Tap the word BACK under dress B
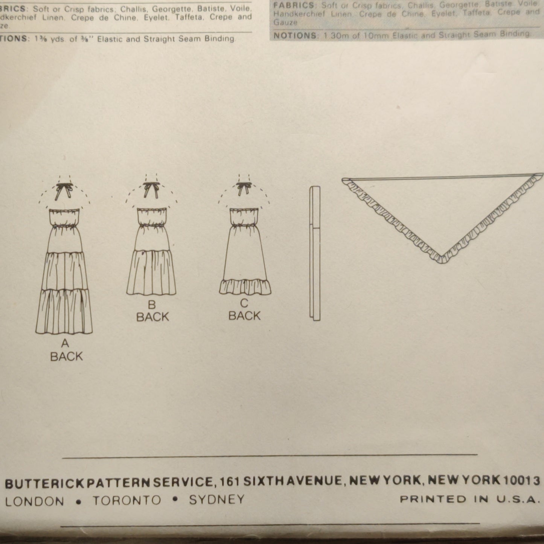pyautogui.click(x=152, y=317)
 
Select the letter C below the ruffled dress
pyautogui.click(x=244, y=303)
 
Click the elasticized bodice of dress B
pyautogui.click(x=151, y=218)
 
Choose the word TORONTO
pyautogui.click(x=127, y=500)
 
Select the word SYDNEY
pyautogui.click(x=216, y=500)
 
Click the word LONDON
pyautogui.click(x=34, y=501)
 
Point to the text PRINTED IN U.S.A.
pyautogui.click(x=468, y=500)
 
